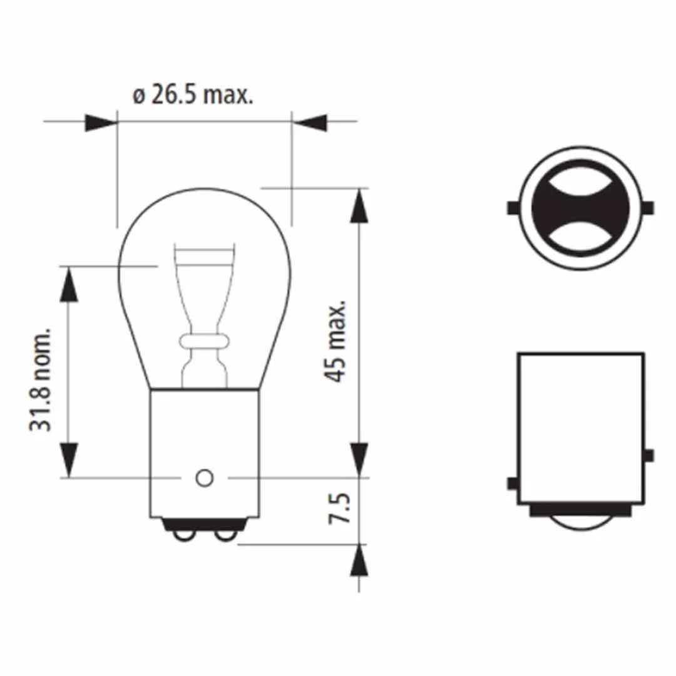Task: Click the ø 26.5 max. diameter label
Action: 193,95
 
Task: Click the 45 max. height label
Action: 335,340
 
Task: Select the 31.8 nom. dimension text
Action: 40,380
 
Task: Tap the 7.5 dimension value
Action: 340,509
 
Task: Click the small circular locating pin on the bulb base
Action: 204,478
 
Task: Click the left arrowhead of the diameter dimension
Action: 101,123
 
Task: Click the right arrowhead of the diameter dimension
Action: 310,123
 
